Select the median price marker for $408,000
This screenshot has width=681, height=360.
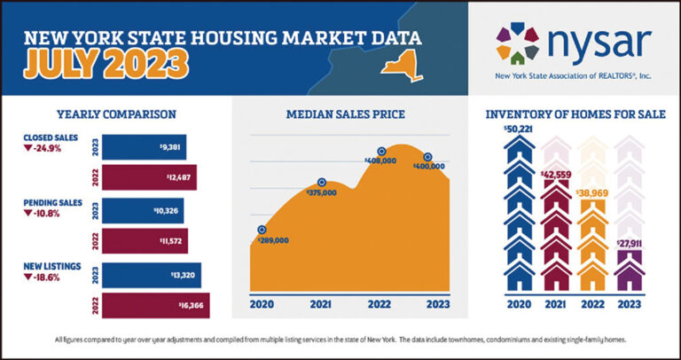(382, 152)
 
